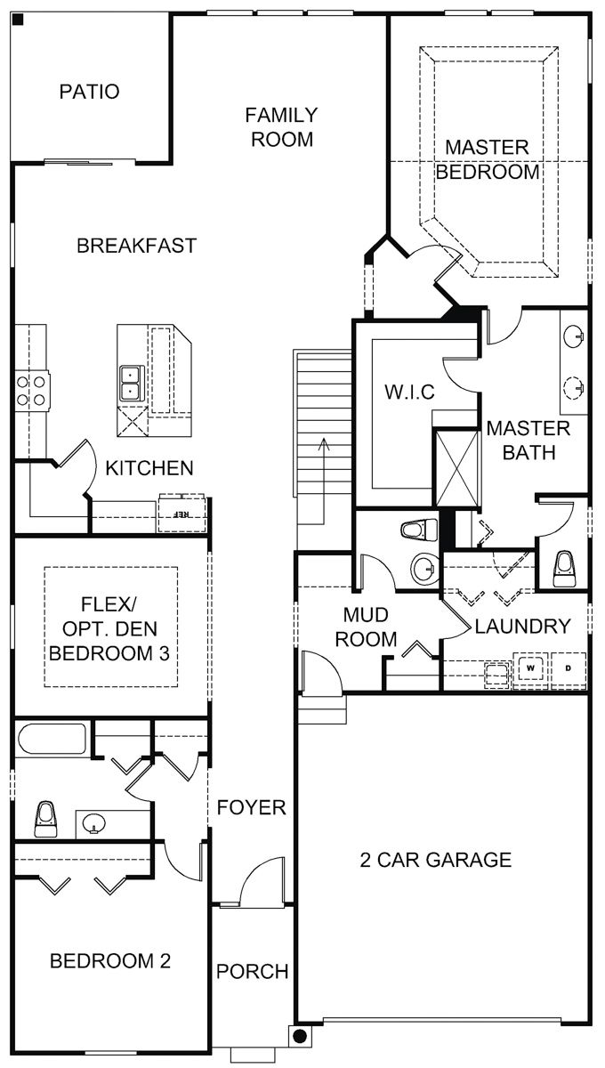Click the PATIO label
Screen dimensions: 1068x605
coord(89,92)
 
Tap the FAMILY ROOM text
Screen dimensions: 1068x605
coord(281,126)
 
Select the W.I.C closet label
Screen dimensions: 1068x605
coord(408,392)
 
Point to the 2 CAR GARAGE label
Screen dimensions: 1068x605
coord(436,860)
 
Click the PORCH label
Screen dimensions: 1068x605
coord(254,971)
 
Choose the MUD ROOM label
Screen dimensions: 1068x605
coord(370,627)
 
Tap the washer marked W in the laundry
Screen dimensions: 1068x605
coord(531,667)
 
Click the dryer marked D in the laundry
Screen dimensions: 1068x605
coord(567,667)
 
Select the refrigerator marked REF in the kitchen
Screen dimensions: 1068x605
coord(181,514)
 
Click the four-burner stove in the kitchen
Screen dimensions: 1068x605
coord(32,390)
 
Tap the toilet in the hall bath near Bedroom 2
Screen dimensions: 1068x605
coord(46,818)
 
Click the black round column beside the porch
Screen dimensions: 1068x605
coord(301,1036)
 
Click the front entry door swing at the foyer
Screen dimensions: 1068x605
coord(262,883)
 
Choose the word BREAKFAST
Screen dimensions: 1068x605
coord(136,246)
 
